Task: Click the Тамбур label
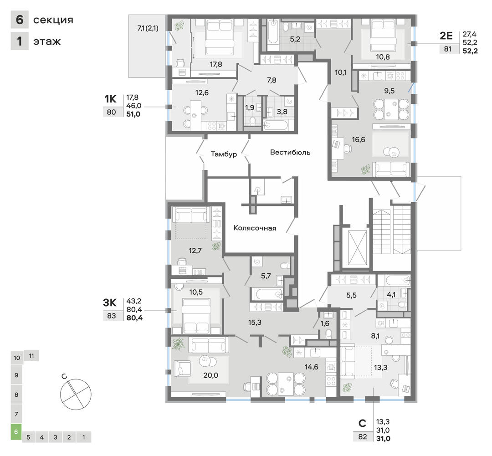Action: click(223, 154)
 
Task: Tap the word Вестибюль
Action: click(290, 153)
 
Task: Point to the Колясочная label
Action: click(255, 228)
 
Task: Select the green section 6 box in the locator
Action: click(16, 432)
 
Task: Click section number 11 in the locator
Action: click(31, 356)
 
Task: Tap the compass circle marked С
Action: click(76, 394)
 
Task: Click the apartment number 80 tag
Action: click(112, 112)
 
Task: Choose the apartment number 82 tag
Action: click(363, 436)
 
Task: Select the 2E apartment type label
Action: click(446, 36)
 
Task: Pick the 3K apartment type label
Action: click(110, 302)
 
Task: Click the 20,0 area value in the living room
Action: click(210, 375)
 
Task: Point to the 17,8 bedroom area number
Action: click(216, 64)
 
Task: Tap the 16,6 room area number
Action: click(359, 140)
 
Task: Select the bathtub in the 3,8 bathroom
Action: click(276, 125)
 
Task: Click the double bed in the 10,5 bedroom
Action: click(196, 316)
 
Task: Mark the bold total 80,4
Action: click(134, 318)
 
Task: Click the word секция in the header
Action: click(53, 20)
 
